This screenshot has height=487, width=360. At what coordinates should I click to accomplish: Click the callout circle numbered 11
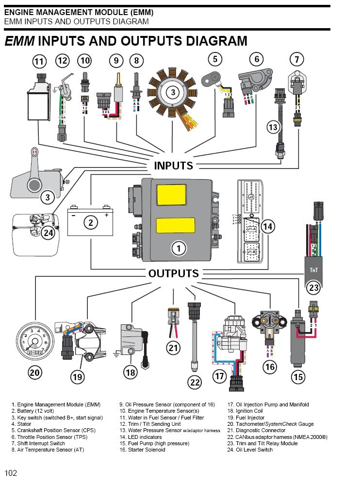click(x=39, y=62)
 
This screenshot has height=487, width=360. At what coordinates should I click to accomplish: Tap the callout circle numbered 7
click(x=296, y=60)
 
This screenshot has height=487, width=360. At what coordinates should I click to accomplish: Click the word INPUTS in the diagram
click(x=173, y=166)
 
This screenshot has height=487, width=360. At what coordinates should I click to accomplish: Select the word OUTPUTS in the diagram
click(x=174, y=273)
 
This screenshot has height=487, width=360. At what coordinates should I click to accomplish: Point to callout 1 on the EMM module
click(x=179, y=249)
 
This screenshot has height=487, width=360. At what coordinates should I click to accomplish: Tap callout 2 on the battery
click(x=90, y=223)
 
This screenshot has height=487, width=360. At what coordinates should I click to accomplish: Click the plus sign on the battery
click(x=106, y=214)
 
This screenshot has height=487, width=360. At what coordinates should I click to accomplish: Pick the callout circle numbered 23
click(x=314, y=287)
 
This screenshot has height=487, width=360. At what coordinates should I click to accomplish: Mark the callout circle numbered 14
click(x=267, y=226)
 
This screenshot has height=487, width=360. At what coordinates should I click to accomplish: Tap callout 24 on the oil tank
click(x=48, y=233)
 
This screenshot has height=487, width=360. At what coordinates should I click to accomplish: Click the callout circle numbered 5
click(x=215, y=60)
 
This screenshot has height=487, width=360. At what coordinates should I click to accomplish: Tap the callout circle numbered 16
click(x=270, y=367)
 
